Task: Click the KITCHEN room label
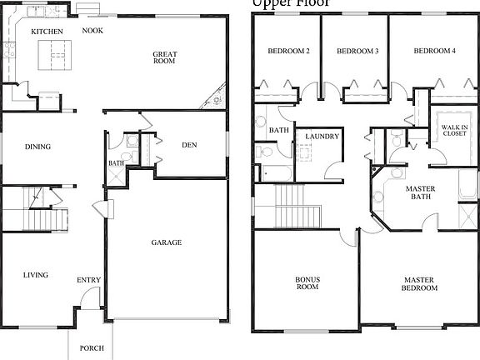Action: (47, 32)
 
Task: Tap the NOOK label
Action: (92, 31)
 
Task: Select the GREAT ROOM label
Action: (164, 58)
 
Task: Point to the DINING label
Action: (37, 147)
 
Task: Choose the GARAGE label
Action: (166, 242)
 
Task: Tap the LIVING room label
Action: (35, 275)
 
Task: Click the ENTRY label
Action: (88, 280)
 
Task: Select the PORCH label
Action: (92, 348)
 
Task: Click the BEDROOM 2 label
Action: (288, 52)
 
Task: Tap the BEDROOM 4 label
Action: (435, 52)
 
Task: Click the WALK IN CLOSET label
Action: (454, 129)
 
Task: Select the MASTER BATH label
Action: (421, 193)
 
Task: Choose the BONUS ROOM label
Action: (307, 283)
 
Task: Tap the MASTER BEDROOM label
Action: (421, 283)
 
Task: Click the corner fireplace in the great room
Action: (215, 99)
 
